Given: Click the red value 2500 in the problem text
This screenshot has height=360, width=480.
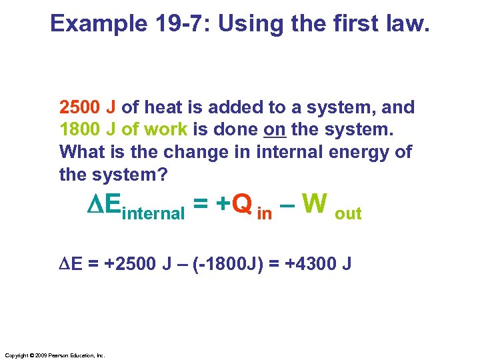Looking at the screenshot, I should coord(79,107).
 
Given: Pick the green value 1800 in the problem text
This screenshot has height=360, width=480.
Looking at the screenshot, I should coord(79,129).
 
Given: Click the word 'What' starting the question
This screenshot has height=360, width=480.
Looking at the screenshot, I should coord(81,151).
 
